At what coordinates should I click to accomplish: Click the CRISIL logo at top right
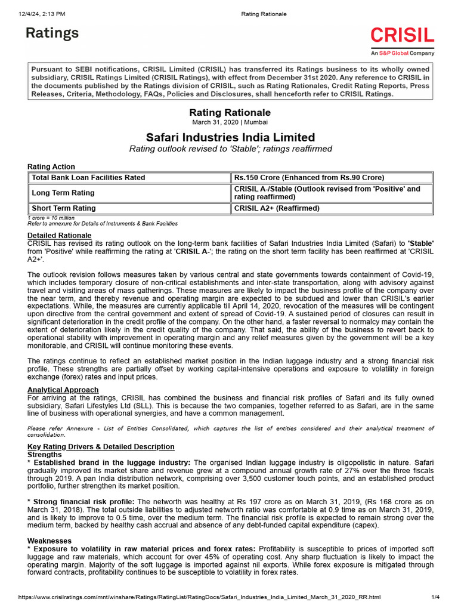coord(403,35)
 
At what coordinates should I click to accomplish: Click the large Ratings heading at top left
coord(52,33)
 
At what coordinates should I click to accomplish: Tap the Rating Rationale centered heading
coord(230,112)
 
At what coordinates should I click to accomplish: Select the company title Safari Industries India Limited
coord(230,137)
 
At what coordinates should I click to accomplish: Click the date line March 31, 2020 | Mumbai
coord(230,123)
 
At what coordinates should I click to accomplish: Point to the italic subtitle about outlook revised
coord(230,149)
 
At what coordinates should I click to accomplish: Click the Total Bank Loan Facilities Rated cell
coord(88,177)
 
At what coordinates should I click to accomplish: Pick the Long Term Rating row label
coord(63,193)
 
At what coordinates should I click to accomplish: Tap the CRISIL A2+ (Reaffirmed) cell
coord(277,208)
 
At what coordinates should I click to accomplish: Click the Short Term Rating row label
coord(64,208)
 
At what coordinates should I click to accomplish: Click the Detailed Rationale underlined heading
coord(59,236)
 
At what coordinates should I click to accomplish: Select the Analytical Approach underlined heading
coord(63,390)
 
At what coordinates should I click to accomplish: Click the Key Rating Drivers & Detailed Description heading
coord(101,446)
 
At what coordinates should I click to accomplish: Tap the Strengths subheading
coord(45,454)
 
